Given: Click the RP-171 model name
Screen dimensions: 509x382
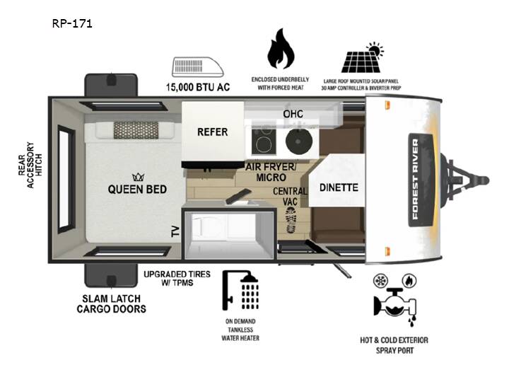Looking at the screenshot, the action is point(72,23).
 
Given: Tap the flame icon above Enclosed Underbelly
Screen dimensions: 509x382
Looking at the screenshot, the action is point(281,49).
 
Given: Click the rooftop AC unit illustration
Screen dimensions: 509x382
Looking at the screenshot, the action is point(198,67).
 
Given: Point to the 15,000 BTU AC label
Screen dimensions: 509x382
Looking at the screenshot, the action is point(198,87).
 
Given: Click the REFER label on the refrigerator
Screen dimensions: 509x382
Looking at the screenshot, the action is point(213,132).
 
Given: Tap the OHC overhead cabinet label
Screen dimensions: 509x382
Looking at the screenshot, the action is point(293,114).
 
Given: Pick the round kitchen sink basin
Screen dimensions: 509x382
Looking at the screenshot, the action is point(299,141).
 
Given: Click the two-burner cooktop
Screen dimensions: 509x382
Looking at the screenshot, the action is point(264,141).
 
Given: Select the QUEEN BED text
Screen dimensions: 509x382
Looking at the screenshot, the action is point(137,190).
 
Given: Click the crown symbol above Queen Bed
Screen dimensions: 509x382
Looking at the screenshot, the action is point(139,177).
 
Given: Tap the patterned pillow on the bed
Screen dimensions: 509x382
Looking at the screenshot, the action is point(136,130).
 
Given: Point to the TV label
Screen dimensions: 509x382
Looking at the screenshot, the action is point(175,231).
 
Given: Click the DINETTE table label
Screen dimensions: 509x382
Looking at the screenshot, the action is point(339,187).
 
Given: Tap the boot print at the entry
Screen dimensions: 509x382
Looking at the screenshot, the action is point(291,220).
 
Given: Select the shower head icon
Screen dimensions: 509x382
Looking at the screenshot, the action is point(240,290).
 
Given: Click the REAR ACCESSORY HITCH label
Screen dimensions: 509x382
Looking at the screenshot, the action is point(30,165).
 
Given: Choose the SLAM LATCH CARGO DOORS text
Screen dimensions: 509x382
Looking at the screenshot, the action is point(112,303).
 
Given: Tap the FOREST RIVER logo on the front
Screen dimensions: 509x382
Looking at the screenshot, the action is point(416,179).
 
